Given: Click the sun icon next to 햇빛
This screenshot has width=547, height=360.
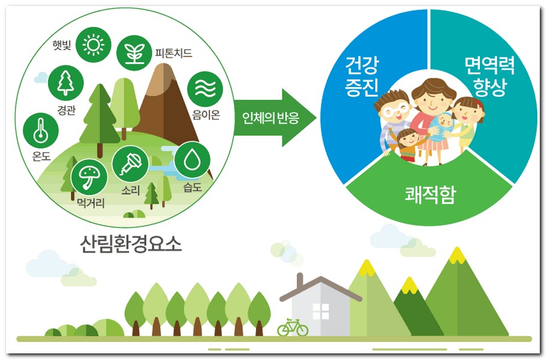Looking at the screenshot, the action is (93, 44).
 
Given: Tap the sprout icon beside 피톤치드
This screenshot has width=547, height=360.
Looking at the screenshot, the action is (134, 53).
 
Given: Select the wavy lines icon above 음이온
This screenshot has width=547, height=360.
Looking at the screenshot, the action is (205, 89).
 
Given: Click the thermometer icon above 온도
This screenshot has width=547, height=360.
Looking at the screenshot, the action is (41, 130).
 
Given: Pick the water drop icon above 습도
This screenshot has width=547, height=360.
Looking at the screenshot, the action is (192, 160).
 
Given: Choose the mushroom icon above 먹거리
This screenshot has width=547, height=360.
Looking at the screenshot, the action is (89, 176).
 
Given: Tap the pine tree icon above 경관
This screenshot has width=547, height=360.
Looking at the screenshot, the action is (65, 83).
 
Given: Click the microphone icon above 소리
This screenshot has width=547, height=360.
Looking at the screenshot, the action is (131, 164).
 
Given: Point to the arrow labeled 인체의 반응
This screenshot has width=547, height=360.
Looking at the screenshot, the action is (275, 118).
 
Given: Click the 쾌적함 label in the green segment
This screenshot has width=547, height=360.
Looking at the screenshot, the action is (431, 195).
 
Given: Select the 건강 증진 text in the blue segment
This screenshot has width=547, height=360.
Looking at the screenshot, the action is (362, 76).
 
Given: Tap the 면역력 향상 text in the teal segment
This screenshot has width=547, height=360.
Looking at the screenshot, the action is (489, 76).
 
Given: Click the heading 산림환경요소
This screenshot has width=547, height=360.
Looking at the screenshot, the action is (131, 244).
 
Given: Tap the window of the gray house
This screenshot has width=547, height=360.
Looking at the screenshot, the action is (321, 311).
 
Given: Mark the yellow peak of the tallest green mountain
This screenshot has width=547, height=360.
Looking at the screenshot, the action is (457, 256).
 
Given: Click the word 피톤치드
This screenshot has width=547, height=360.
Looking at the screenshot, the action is (174, 53).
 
